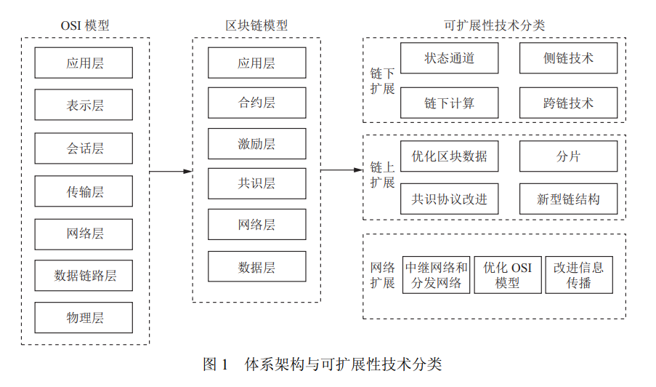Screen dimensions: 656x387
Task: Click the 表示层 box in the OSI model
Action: [84, 105]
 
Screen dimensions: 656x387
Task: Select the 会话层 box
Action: [84, 148]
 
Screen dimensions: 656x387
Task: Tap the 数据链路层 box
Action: [84, 276]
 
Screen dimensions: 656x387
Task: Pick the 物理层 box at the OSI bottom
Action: [84, 317]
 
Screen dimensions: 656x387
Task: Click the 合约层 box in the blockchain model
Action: [257, 103]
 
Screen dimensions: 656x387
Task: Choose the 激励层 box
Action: [257, 143]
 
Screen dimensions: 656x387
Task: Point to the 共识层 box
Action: [257, 183]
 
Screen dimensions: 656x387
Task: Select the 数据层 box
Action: [257, 266]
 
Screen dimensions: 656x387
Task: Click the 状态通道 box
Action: [450, 57]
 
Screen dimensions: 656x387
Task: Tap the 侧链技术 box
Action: [569, 57]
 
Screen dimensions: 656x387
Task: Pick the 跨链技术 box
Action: [569, 103]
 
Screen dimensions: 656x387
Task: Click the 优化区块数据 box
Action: [450, 156]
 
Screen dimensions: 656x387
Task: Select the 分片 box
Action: [569, 156]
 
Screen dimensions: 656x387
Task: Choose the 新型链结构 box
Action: [569, 199]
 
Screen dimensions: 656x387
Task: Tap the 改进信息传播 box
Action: [579, 275]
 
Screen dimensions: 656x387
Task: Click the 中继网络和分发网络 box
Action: [437, 275]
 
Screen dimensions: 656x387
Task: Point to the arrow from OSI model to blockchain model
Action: [171, 171]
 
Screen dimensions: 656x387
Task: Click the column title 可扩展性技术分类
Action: [495, 25]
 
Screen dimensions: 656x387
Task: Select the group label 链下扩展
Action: [382, 81]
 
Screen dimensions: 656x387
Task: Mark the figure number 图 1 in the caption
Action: [216, 364]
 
